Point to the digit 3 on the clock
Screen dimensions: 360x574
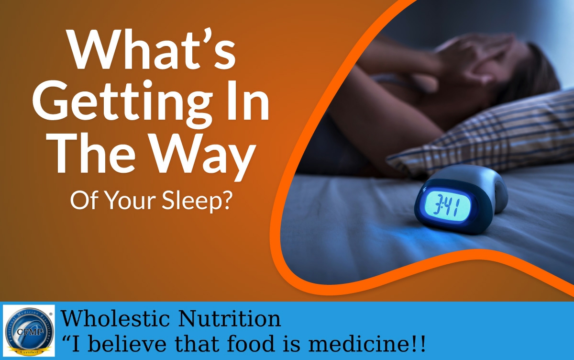pyautogui.click(x=436, y=205)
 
